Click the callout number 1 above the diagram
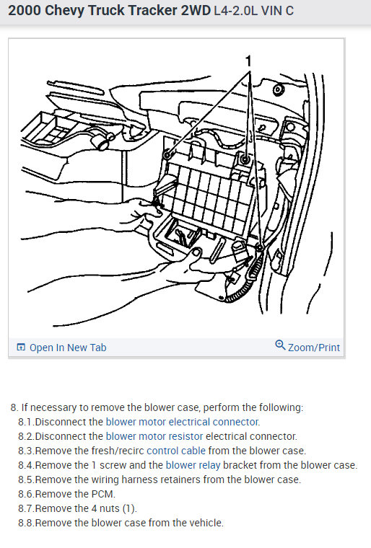248,61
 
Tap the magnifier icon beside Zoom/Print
280,345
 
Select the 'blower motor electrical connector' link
182,422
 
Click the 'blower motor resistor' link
154,436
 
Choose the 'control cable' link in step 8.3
176,451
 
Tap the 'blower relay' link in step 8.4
193,465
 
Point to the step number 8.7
26,508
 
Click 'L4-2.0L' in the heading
235,11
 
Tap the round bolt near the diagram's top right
279,89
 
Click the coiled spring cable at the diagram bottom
245,280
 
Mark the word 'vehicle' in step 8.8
206,523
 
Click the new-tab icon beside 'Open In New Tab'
21,347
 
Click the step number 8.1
26,422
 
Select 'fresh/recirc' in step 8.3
118,451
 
